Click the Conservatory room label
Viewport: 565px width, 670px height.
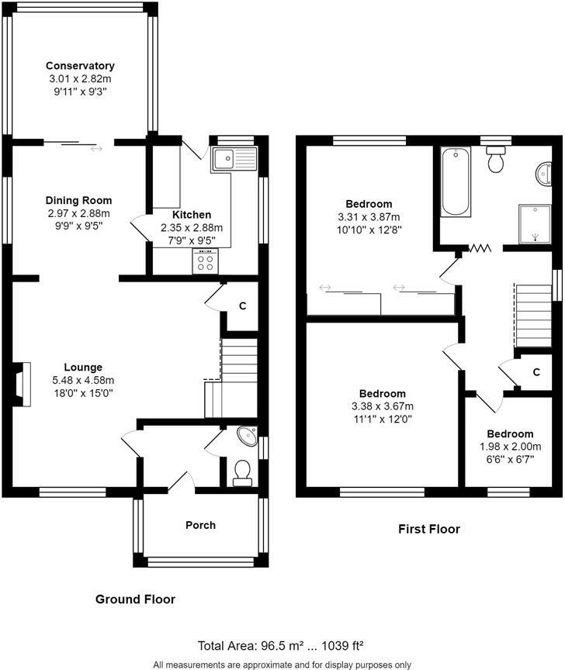[x=80, y=66]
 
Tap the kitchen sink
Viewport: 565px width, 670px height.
[x=234, y=160]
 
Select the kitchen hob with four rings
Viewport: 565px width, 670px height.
[x=206, y=261]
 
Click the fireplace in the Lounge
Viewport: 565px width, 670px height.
[x=23, y=384]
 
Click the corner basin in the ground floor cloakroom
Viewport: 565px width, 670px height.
[x=249, y=435]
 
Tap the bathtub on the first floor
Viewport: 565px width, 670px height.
[x=456, y=181]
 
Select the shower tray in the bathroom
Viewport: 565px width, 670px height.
[x=535, y=224]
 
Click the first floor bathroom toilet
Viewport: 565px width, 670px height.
[x=496, y=160]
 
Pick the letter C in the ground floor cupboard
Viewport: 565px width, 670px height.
[x=242, y=306]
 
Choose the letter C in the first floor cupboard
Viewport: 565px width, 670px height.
[x=536, y=372]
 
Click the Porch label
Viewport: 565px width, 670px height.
[x=200, y=525]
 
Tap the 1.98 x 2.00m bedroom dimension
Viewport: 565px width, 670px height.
[x=510, y=447]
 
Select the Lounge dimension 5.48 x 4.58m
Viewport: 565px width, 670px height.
[x=83, y=380]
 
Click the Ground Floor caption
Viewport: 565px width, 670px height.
[x=135, y=599]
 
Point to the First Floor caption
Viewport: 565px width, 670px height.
[x=429, y=529]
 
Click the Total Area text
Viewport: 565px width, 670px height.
[x=281, y=646]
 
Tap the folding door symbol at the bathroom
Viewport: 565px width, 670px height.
[x=480, y=248]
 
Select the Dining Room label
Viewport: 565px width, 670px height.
[x=78, y=200]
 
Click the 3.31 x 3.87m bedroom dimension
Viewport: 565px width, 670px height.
[x=369, y=217]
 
